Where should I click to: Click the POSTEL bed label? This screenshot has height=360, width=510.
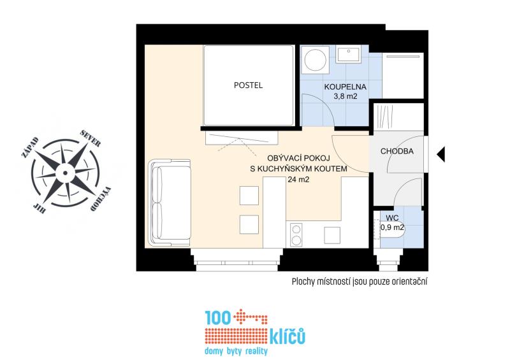(248, 85)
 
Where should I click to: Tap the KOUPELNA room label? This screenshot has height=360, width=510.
(345, 87)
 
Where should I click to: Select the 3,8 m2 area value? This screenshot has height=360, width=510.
(345, 96)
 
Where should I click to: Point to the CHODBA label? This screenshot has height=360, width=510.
(397, 151)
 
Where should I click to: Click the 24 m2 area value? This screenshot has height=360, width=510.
(298, 179)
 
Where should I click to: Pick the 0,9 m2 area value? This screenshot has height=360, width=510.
(392, 227)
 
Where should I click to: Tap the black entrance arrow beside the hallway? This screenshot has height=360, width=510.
(441, 154)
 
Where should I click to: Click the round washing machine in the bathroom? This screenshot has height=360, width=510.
(315, 60)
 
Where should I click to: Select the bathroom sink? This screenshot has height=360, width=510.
(349, 54)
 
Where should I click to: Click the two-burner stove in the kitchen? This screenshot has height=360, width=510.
(296, 234)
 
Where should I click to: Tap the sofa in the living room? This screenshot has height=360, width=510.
(169, 203)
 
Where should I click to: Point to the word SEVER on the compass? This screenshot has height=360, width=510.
(90, 139)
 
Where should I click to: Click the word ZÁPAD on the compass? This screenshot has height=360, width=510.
(30, 147)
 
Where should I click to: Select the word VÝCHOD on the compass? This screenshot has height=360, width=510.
(100, 199)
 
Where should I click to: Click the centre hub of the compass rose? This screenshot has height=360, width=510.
(65, 173)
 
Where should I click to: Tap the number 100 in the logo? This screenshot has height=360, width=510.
(217, 318)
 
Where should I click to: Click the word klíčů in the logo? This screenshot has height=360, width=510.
(288, 336)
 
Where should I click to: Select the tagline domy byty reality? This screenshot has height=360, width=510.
(236, 351)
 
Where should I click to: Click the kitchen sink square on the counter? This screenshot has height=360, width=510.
(332, 235)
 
